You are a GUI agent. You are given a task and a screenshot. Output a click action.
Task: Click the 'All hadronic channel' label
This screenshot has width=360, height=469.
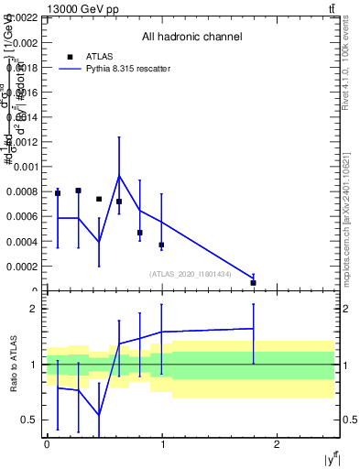point(191,38)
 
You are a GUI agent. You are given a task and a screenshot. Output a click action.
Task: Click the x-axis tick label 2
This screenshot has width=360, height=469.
point(278,444)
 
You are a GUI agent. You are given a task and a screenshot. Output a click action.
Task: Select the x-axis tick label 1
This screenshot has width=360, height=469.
point(162,444)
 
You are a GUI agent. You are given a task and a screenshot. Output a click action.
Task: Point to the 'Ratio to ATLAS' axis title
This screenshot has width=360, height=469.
point(11,364)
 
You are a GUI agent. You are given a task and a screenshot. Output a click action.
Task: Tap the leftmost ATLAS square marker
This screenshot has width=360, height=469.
point(58,193)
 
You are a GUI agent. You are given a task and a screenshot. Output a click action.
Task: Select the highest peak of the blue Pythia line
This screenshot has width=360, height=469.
point(119,175)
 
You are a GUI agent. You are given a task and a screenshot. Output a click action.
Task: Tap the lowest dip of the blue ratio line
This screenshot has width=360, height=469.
point(98,415)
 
